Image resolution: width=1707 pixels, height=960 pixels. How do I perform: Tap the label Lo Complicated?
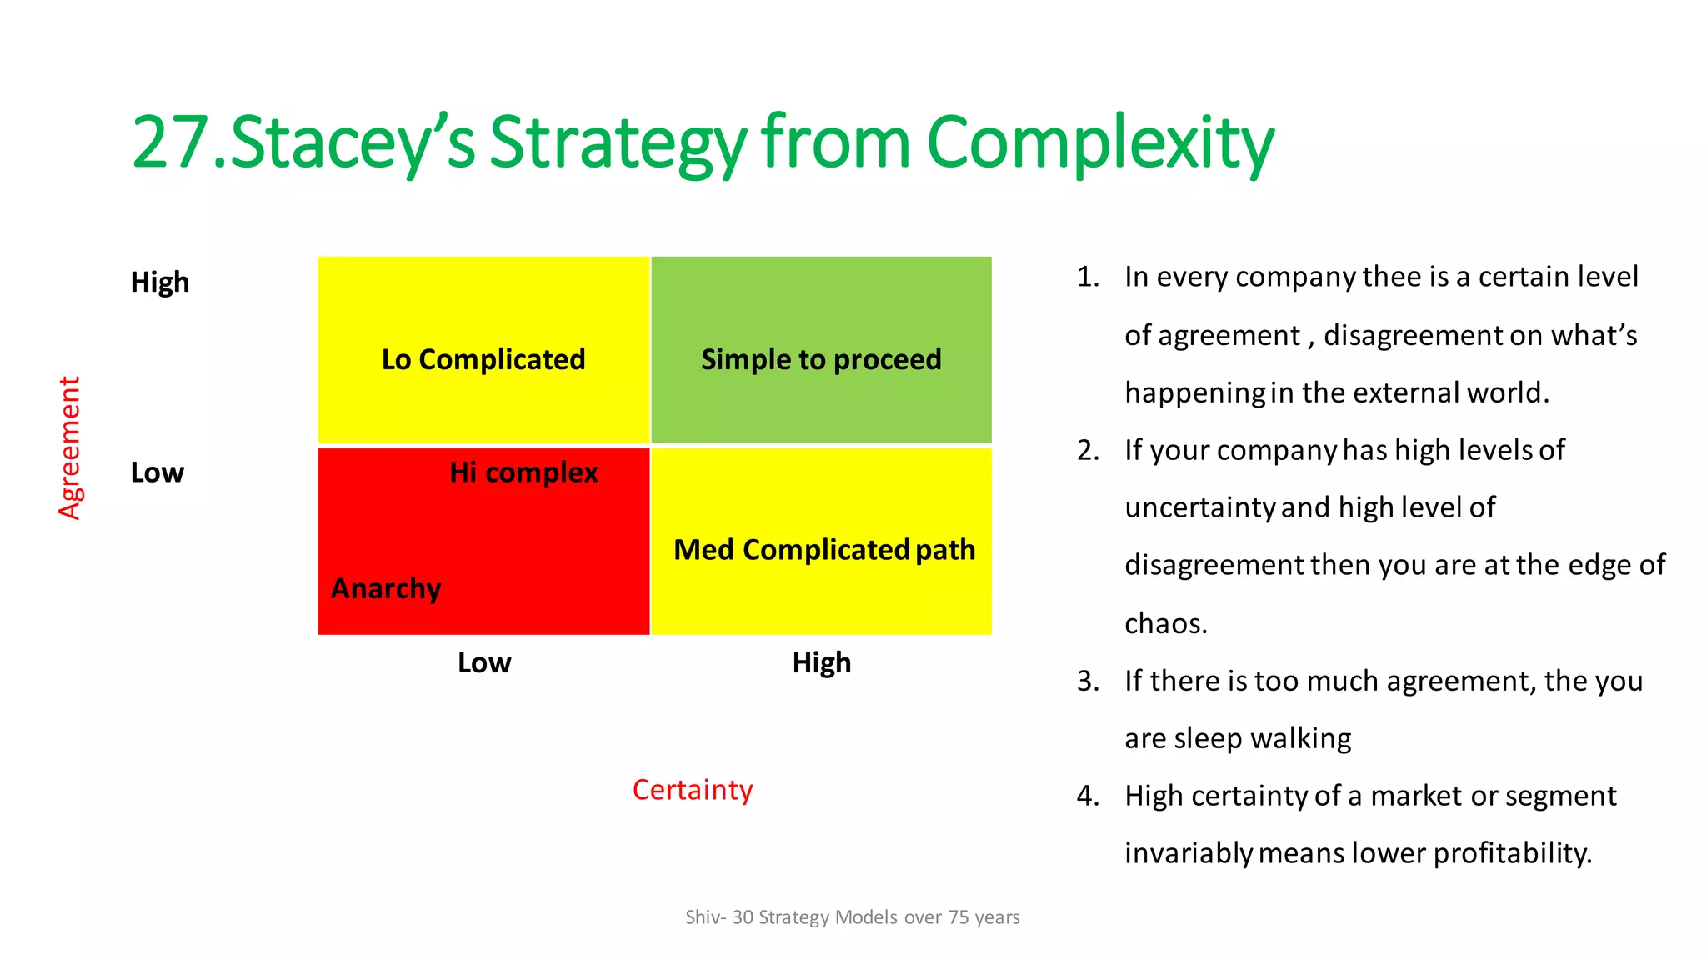click(483, 359)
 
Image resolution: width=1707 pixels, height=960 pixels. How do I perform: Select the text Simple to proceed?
click(821, 359)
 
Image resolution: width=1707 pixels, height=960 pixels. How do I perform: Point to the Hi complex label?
click(523, 472)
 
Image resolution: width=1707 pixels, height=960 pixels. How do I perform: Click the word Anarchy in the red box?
click(386, 588)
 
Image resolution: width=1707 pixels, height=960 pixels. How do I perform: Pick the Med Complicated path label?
click(824, 550)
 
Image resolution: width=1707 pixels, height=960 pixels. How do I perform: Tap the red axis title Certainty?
click(693, 789)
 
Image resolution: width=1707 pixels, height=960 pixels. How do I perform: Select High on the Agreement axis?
click(160, 282)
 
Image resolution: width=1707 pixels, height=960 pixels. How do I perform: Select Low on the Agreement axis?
click(157, 472)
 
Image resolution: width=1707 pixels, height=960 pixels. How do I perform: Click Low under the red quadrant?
click(484, 662)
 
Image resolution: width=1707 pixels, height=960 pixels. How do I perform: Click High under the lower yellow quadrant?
click(822, 662)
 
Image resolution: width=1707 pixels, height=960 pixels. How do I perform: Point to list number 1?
click(1087, 277)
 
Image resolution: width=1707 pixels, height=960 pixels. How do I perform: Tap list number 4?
click(1087, 796)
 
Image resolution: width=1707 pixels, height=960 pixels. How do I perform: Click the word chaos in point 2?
click(1164, 623)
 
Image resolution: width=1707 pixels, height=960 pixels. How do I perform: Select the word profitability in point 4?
click(1510, 853)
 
